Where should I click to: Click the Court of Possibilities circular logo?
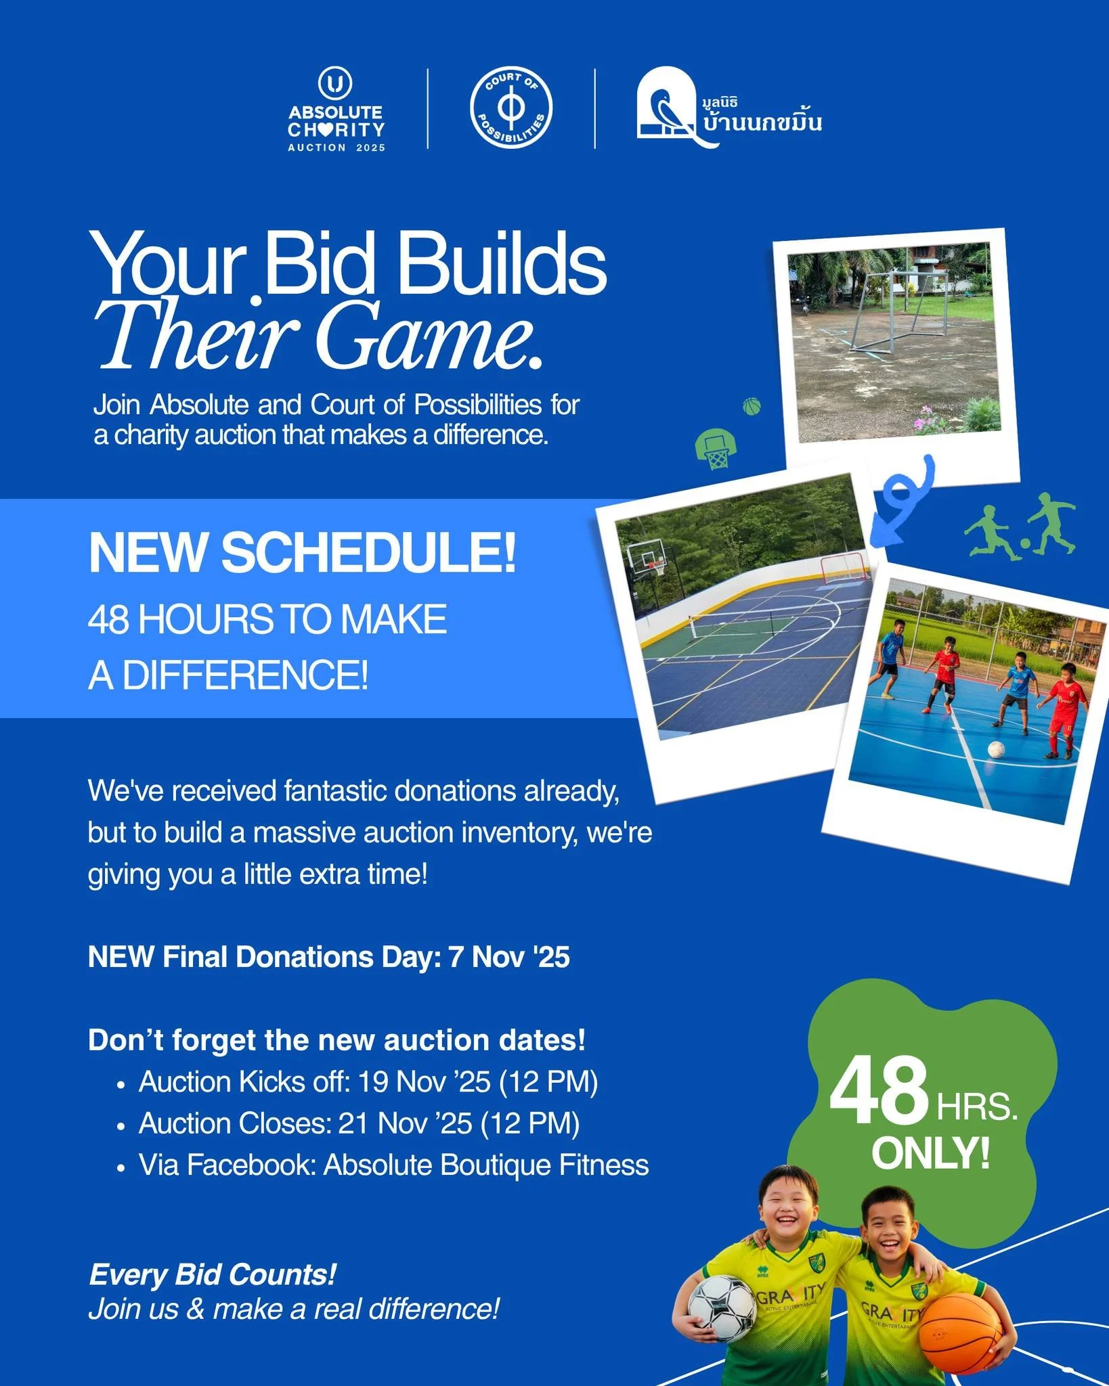(x=511, y=108)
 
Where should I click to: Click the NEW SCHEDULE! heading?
(x=302, y=553)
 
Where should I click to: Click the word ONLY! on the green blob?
(x=930, y=1153)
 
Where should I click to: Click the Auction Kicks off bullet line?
(x=368, y=1081)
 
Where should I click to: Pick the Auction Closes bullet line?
(x=359, y=1123)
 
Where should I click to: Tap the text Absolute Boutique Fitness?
(x=485, y=1165)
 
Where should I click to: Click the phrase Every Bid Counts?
(x=212, y=1274)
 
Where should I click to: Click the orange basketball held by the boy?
(x=960, y=1333)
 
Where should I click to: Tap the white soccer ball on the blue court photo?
(x=996, y=750)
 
